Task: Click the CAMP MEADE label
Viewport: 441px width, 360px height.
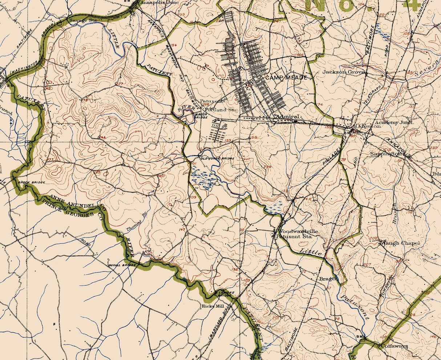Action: coord(286,78)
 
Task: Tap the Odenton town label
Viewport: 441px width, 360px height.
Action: coord(368,126)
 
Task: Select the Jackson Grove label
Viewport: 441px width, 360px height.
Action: coord(343,72)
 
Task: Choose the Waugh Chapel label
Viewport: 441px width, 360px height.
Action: coord(400,243)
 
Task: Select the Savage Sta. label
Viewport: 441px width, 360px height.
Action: coord(83,20)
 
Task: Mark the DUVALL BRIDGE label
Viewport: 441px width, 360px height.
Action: coord(122,265)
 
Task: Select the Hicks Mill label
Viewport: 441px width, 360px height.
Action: coord(213,306)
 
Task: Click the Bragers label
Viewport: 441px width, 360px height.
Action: coord(328,279)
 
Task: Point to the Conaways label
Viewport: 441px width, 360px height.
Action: coord(394,346)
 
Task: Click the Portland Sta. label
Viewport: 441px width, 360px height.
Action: coord(220,109)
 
